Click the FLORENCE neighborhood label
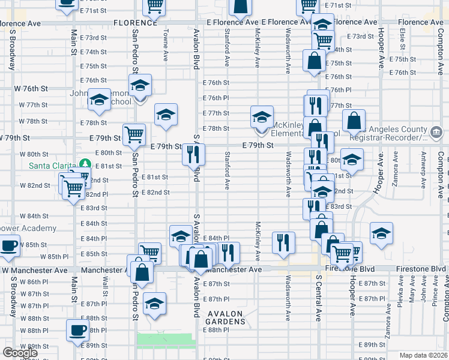click(134, 22)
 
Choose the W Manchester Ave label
click(35, 271)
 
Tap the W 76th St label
click(35, 89)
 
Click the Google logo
click(20, 353)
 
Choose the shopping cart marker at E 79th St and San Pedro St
click(134, 134)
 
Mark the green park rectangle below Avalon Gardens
click(166, 341)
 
